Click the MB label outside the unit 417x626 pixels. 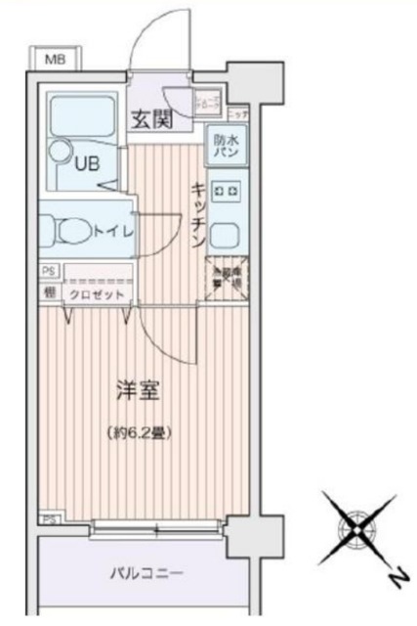click(56, 60)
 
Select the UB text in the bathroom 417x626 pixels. click(89, 164)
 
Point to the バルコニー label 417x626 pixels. click(145, 571)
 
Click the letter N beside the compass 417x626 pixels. click(396, 580)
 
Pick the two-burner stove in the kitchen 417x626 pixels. click(225, 190)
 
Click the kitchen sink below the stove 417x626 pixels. click(225, 236)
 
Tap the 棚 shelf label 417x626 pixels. click(47, 291)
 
